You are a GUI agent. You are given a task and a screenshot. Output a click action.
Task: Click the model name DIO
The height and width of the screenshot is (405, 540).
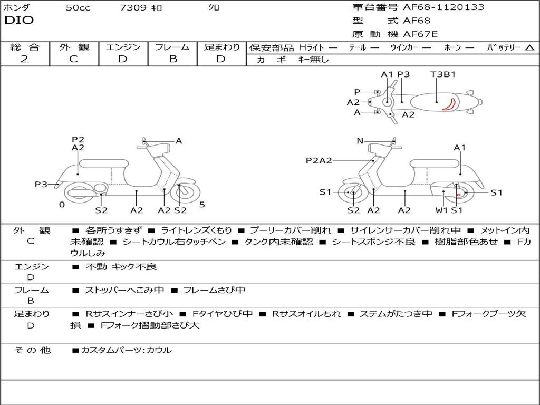[19, 21]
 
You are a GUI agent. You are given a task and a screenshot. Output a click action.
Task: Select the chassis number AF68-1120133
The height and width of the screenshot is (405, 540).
[436, 7]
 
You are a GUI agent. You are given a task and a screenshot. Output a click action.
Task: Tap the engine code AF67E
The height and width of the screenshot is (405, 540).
[420, 34]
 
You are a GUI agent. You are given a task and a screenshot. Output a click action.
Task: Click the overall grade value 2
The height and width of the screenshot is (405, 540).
[24, 59]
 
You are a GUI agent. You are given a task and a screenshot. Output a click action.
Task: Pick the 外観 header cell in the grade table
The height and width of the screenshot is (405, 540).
[74, 47]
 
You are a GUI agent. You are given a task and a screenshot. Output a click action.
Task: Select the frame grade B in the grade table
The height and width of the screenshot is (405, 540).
[172, 59]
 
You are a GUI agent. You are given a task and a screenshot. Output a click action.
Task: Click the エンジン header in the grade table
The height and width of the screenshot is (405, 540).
[123, 47]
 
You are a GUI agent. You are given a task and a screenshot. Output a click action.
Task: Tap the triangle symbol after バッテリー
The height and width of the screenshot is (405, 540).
[529, 47]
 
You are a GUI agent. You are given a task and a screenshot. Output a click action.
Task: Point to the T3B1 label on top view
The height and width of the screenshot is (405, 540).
[443, 74]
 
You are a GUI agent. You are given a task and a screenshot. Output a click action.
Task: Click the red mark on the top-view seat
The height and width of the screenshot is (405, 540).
[449, 104]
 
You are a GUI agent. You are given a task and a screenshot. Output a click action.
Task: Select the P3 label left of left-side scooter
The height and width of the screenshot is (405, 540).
[41, 184]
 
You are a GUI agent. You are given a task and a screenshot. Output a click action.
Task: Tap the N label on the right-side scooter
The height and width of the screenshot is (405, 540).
[360, 141]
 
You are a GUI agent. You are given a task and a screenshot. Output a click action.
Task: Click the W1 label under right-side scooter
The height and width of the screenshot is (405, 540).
[441, 210]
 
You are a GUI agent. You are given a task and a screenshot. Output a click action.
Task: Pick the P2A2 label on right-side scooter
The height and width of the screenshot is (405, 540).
[319, 160]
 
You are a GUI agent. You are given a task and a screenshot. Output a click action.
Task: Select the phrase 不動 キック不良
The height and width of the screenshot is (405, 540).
[121, 267]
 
